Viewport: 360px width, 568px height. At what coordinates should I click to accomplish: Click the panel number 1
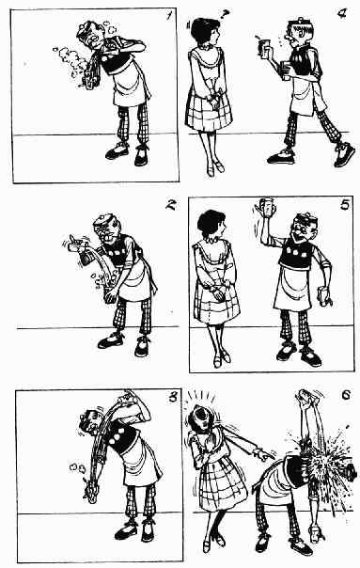coord(168,17)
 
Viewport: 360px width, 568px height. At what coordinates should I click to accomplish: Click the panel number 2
coord(170,205)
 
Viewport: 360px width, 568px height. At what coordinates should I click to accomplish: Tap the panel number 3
coord(173,397)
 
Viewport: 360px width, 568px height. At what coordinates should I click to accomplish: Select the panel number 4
coord(341,14)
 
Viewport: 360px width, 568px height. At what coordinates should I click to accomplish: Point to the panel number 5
coord(345,205)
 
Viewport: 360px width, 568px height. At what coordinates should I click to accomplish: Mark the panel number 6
coord(346,394)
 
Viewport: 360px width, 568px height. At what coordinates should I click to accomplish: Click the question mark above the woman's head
coord(225,14)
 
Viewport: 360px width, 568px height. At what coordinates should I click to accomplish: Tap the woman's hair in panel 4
coord(202,30)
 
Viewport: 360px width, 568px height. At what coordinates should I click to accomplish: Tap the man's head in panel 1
coord(91,34)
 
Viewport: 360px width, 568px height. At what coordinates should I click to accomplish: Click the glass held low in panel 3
coord(90,493)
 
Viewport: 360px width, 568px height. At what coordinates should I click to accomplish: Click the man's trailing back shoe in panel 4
coord(344,154)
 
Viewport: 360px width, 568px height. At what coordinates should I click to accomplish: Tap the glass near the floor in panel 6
coord(314,533)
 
